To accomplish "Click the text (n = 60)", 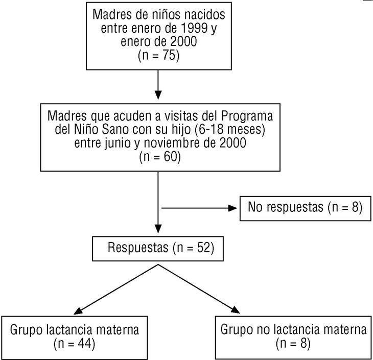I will coord(159,157).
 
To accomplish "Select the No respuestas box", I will coord(305,207).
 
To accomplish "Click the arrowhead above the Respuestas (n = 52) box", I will coord(158,229).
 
